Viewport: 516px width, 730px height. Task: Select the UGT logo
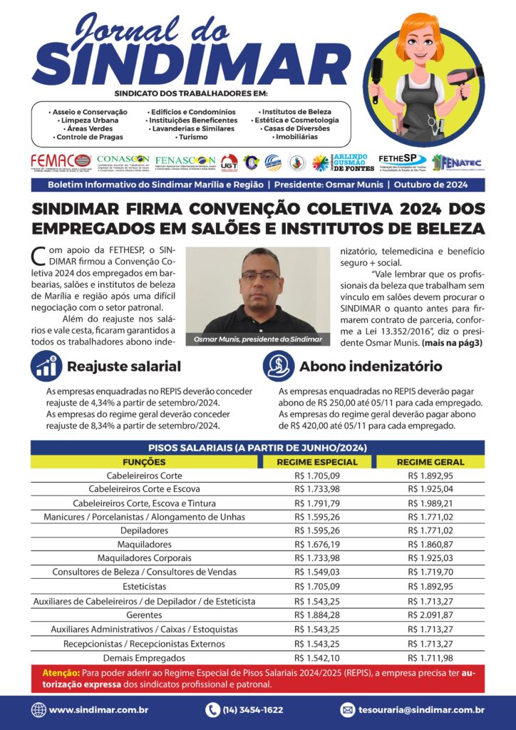coord(229,163)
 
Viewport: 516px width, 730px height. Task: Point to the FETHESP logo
coord(403,161)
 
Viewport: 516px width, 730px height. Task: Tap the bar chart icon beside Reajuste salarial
coord(46,366)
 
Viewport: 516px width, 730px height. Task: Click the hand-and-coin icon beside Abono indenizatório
coord(278,366)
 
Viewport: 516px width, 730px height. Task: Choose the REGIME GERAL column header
coord(430,462)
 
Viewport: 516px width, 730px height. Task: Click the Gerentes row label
coord(144,615)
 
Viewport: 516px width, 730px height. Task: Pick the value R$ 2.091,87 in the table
coord(430,615)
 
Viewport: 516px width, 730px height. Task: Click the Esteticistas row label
coord(144,587)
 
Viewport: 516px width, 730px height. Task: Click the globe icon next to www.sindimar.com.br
coord(38,710)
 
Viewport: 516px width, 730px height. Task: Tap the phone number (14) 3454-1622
coord(254,710)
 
